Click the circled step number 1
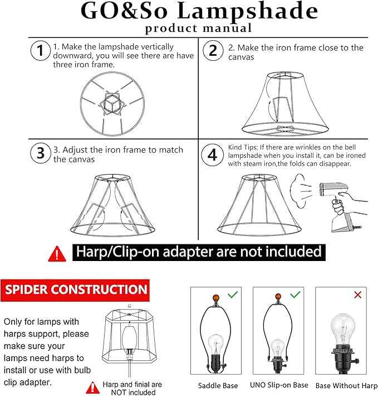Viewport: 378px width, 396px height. click(x=40, y=51)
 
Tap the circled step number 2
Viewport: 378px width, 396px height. click(x=213, y=51)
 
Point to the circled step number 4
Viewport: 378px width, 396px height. click(x=213, y=154)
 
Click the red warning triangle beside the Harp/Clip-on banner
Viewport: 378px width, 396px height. click(x=57, y=254)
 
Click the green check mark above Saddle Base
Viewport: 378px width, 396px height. click(x=232, y=294)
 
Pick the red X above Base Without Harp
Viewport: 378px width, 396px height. click(x=358, y=294)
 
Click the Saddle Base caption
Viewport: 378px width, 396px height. click(x=218, y=385)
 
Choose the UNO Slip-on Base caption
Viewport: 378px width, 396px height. click(x=280, y=385)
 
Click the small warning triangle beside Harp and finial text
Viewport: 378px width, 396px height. click(x=91, y=387)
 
